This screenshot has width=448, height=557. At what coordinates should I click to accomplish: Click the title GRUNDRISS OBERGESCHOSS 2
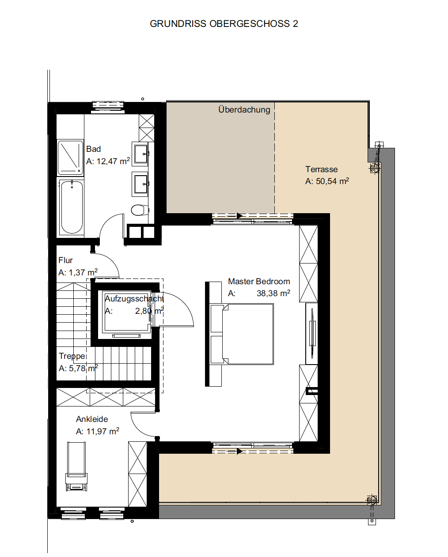click(224, 24)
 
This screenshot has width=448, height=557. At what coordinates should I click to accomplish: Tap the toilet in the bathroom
click(140, 210)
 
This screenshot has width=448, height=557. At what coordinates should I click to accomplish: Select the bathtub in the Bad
click(72, 207)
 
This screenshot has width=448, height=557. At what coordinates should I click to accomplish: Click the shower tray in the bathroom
click(70, 158)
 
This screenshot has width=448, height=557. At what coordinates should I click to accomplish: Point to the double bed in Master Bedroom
click(242, 334)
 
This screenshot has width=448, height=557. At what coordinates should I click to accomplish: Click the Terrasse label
click(321, 169)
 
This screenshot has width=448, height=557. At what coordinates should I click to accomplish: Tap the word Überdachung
click(244, 109)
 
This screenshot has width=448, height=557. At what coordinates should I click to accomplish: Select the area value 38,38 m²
click(273, 293)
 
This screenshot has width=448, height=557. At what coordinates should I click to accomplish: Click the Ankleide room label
click(92, 419)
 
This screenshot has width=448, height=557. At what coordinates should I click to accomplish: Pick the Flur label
click(65, 260)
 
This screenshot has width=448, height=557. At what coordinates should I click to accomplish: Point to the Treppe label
click(72, 356)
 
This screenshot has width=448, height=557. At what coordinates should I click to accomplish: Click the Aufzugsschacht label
click(134, 299)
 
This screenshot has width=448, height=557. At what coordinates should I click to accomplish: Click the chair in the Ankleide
click(76, 467)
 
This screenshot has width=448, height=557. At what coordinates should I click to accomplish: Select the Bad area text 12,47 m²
click(113, 161)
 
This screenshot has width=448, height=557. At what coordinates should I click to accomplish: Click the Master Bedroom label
click(259, 281)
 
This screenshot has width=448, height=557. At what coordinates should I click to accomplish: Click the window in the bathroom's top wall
click(108, 107)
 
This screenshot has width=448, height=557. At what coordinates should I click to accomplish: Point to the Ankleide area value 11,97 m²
click(103, 432)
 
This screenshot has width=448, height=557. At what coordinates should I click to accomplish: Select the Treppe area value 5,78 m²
click(84, 368)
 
